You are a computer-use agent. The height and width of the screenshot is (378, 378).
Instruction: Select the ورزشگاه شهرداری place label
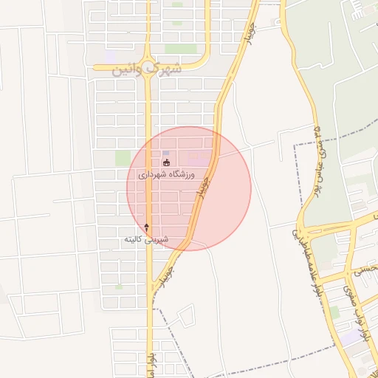point(165,175)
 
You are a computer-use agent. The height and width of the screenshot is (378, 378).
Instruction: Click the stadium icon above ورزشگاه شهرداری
point(166,162)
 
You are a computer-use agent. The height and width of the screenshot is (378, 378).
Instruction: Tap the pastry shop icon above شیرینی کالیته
point(146,226)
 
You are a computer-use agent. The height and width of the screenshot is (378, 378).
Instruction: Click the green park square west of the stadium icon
point(123,158)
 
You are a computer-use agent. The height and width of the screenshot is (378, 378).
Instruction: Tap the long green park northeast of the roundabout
point(180,48)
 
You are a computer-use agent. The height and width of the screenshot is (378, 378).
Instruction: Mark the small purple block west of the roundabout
point(110,55)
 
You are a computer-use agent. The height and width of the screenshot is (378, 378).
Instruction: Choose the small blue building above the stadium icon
point(165,152)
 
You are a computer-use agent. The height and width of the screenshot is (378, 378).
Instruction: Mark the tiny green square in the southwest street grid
point(119,286)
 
